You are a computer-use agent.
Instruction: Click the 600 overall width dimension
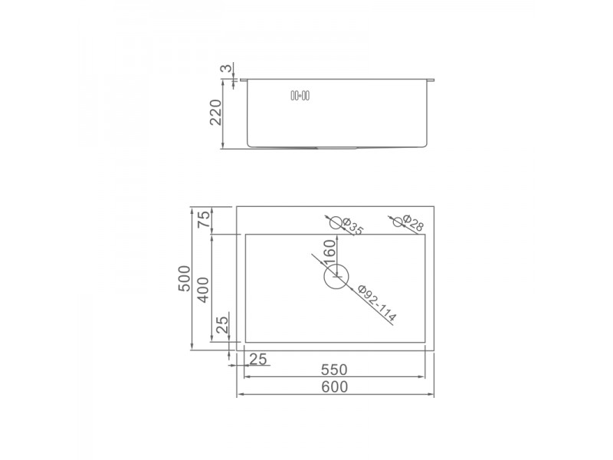(335, 386)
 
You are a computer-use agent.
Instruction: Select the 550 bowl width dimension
(334, 370)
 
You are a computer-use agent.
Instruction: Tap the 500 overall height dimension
(184, 278)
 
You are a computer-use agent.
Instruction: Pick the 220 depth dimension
(216, 112)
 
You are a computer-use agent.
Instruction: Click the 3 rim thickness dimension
(226, 69)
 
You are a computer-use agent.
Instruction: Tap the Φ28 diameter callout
(413, 223)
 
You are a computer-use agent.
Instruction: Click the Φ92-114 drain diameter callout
(377, 304)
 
